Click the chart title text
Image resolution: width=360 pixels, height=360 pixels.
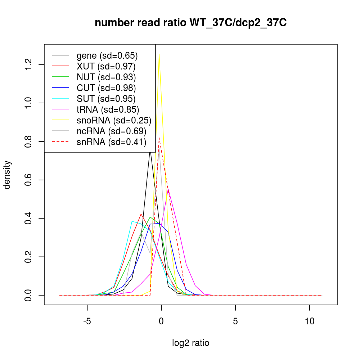click(190, 23)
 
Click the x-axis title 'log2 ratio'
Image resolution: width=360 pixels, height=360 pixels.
click(190, 343)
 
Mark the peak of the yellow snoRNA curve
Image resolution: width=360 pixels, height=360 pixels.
click(159, 54)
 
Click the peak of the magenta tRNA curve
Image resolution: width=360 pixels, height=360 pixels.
click(168, 189)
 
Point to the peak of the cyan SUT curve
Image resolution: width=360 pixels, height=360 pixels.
click(132, 221)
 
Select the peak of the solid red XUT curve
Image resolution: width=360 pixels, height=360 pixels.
click(141, 214)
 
